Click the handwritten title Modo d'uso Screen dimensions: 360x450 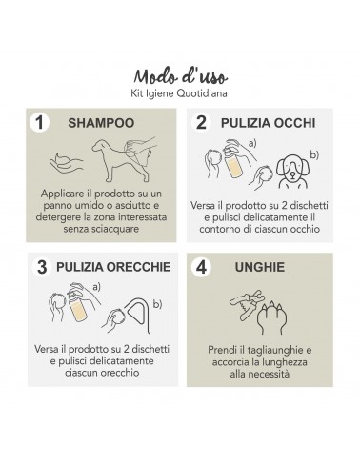click(180, 76)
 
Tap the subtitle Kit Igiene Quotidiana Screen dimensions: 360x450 click(179, 93)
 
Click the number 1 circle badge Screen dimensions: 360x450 click(39, 123)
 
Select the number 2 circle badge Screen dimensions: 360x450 click(201, 123)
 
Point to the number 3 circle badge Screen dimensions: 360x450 click(42, 267)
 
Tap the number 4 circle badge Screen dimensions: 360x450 click(201, 267)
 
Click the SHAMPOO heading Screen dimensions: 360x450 click(101, 123)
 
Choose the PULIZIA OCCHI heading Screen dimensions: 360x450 click(269, 123)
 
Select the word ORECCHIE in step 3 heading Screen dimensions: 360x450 click(138, 267)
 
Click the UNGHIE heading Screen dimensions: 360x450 click(260, 267)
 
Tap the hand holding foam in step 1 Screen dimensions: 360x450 click(66, 163)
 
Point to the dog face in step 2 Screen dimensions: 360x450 click(292, 171)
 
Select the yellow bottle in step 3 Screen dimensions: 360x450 click(77, 307)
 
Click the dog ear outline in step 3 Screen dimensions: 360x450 click(138, 315)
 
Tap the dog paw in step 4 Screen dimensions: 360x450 click(272, 317)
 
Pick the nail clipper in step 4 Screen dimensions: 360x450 click(248, 304)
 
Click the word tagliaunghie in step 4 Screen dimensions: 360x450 click(275, 350)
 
